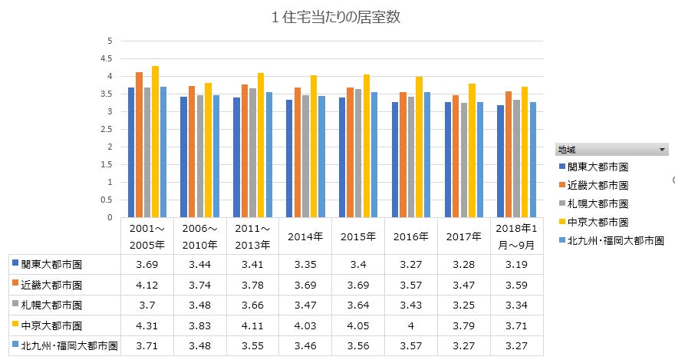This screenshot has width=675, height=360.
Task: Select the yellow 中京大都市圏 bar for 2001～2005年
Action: pos(155,142)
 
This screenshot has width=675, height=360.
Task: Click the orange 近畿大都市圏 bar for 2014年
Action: pos(297,153)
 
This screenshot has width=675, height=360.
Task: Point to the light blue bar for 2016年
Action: pos(426,155)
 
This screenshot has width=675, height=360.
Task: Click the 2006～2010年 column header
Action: pos(199,236)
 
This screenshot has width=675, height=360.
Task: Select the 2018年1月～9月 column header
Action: pos(518,236)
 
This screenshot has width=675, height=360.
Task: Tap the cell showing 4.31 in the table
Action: pos(147,325)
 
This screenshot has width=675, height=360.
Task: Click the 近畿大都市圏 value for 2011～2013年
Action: pos(252,285)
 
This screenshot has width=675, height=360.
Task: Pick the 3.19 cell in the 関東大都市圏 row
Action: pos(518,265)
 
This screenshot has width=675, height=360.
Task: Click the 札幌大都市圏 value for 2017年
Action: pos(465,306)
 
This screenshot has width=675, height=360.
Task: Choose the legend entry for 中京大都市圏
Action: pos(598,222)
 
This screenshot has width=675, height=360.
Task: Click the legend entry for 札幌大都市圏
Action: pos(598,203)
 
